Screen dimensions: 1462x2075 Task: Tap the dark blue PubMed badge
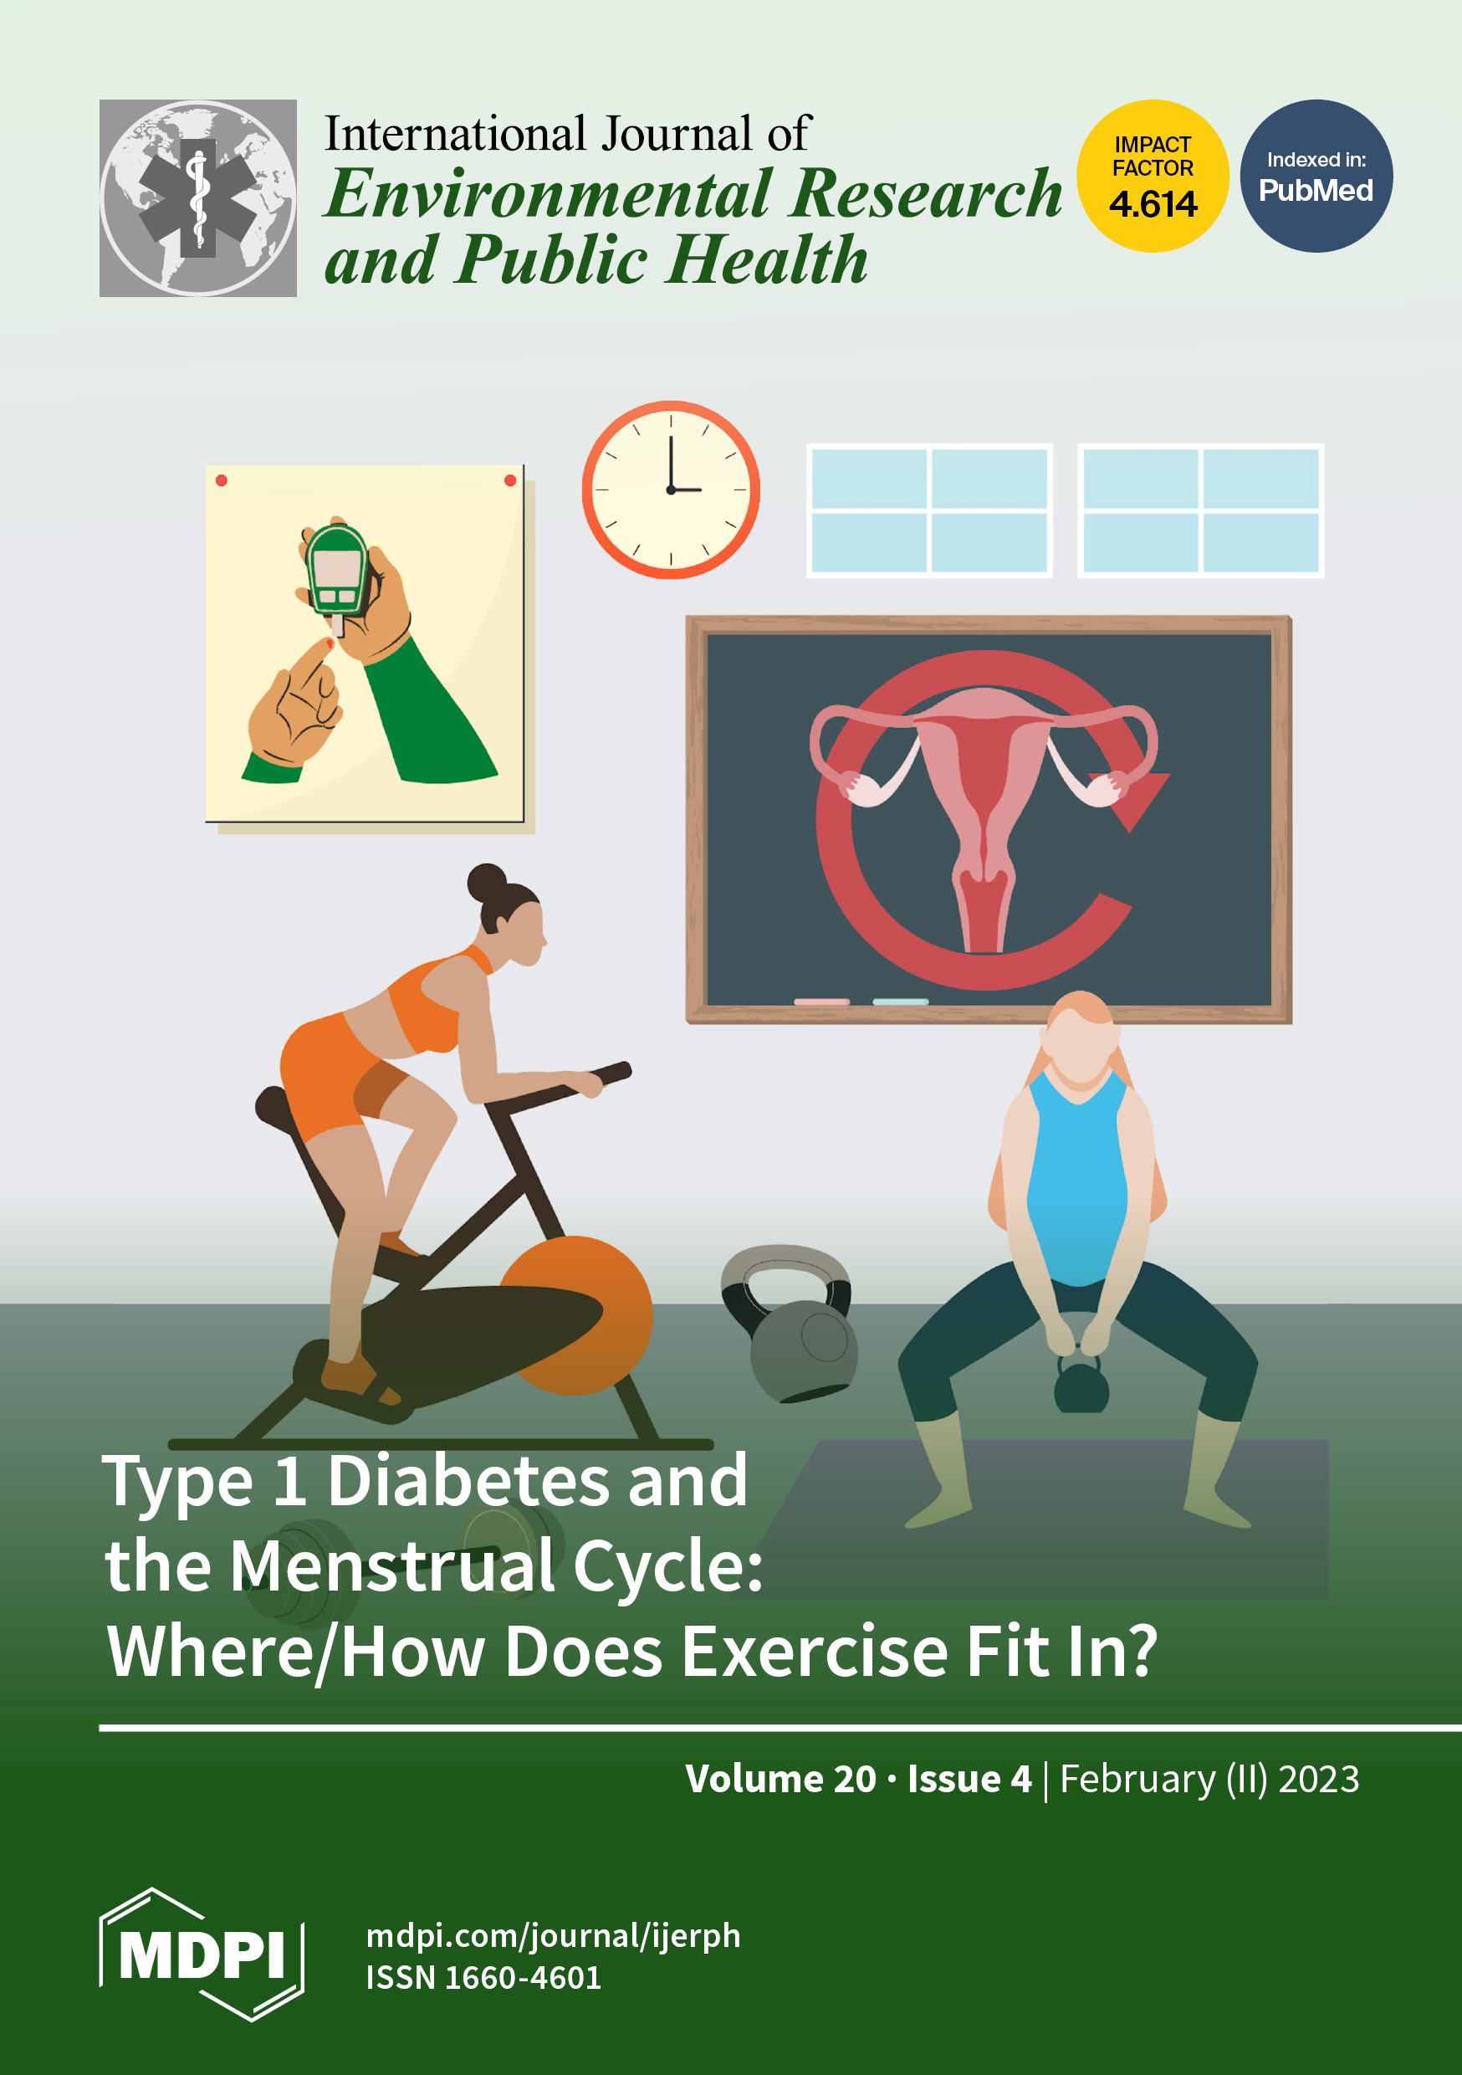[x=1316, y=176]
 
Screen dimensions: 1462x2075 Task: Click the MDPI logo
[x=202, y=1954]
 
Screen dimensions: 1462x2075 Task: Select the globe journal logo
[x=198, y=198]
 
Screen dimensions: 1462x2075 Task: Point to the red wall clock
[x=671, y=489]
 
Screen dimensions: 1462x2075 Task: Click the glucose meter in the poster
[x=336, y=571]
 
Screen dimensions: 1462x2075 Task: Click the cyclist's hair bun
[x=487, y=882]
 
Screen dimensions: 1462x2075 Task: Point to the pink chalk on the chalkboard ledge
[x=821, y=1002]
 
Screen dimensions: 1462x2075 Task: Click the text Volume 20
[x=780, y=1779]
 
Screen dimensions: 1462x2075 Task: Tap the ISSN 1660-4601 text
[x=483, y=1978]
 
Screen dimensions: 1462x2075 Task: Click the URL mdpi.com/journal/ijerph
[x=553, y=1936]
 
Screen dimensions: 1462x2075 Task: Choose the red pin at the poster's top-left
[x=222, y=481]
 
